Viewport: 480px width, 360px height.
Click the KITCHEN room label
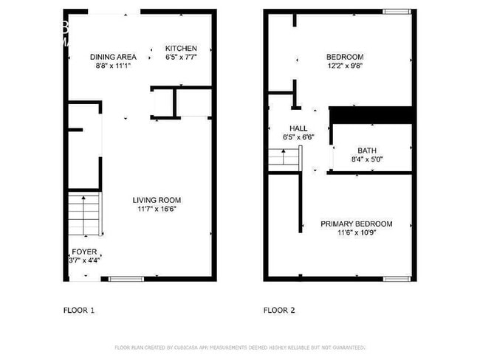click(181, 49)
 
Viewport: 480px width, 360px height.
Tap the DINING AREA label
click(113, 57)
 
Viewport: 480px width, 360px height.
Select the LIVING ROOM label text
click(157, 200)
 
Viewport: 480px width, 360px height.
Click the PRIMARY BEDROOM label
click(356, 224)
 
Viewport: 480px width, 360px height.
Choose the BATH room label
click(367, 150)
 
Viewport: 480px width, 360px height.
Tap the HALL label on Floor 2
click(298, 127)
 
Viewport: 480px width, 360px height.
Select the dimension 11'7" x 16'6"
click(157, 210)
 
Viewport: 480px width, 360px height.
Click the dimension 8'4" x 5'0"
click(367, 159)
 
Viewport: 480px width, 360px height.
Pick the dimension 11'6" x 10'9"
click(356, 233)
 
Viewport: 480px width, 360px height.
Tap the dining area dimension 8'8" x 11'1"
click(113, 66)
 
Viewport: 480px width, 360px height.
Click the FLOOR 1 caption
click(79, 311)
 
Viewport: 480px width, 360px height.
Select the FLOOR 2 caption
click(279, 311)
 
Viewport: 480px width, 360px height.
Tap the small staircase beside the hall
click(278, 158)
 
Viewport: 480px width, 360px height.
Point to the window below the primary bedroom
click(396, 278)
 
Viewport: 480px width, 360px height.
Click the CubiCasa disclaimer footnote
click(240, 347)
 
